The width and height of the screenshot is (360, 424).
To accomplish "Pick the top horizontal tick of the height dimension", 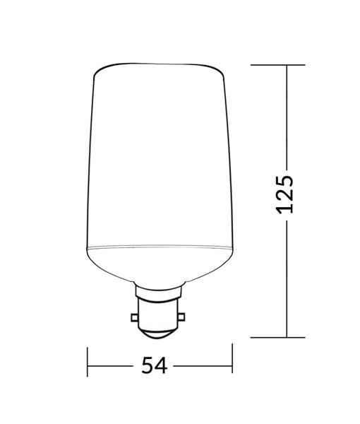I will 279,65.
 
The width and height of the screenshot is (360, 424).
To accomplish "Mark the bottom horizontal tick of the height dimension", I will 279,338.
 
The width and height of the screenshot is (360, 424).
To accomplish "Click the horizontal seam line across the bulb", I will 160,247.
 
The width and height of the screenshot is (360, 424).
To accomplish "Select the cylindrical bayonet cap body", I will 160,311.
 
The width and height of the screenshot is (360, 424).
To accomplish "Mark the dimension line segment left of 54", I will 113,366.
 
